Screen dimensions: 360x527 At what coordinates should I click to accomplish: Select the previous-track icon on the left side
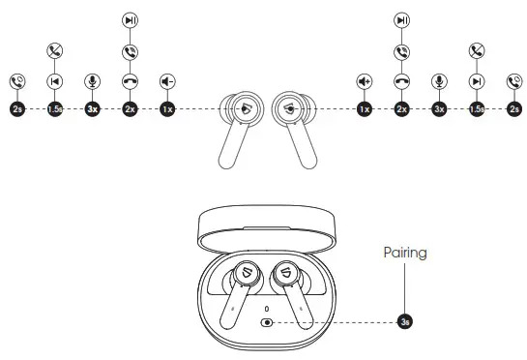pyautogui.click(x=55, y=82)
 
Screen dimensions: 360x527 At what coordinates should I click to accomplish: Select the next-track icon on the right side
pyautogui.click(x=477, y=82)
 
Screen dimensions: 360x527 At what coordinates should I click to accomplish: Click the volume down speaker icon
pyautogui.click(x=168, y=82)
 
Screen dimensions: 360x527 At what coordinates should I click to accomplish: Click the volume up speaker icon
pyautogui.click(x=365, y=82)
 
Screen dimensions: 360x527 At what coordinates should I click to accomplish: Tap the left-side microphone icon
pyautogui.click(x=93, y=82)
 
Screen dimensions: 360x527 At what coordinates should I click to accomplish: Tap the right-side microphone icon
pyautogui.click(x=439, y=82)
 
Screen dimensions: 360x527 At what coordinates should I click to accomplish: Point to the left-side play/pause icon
pyautogui.click(x=131, y=19)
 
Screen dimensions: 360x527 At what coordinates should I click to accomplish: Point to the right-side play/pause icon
pyautogui.click(x=402, y=19)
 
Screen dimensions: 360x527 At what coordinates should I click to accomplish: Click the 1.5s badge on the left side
pyautogui.click(x=55, y=109)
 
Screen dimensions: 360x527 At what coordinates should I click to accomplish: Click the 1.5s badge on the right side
pyautogui.click(x=477, y=109)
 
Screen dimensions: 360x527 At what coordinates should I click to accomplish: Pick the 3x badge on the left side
pyautogui.click(x=93, y=109)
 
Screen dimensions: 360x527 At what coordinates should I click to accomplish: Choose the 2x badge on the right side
pyautogui.click(x=402, y=109)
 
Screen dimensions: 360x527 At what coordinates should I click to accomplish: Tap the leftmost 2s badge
pyautogui.click(x=17, y=109)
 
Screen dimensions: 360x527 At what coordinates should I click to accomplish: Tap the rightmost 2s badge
pyautogui.click(x=514, y=109)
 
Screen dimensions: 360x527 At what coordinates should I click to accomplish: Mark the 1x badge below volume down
pyautogui.click(x=168, y=109)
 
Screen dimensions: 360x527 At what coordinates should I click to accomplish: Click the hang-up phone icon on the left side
pyautogui.click(x=131, y=82)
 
